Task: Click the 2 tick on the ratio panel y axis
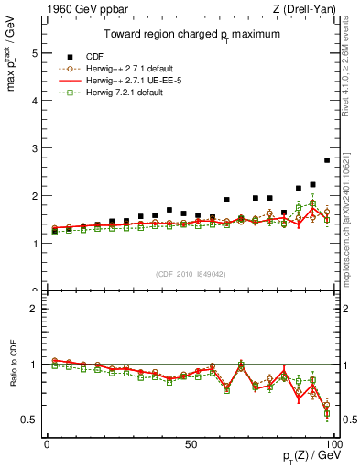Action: pyautogui.click(x=33, y=309)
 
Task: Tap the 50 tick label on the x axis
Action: pyautogui.click(x=190, y=442)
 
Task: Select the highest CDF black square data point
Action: pyautogui.click(x=327, y=160)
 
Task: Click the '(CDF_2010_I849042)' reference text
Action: pyautogui.click(x=190, y=274)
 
